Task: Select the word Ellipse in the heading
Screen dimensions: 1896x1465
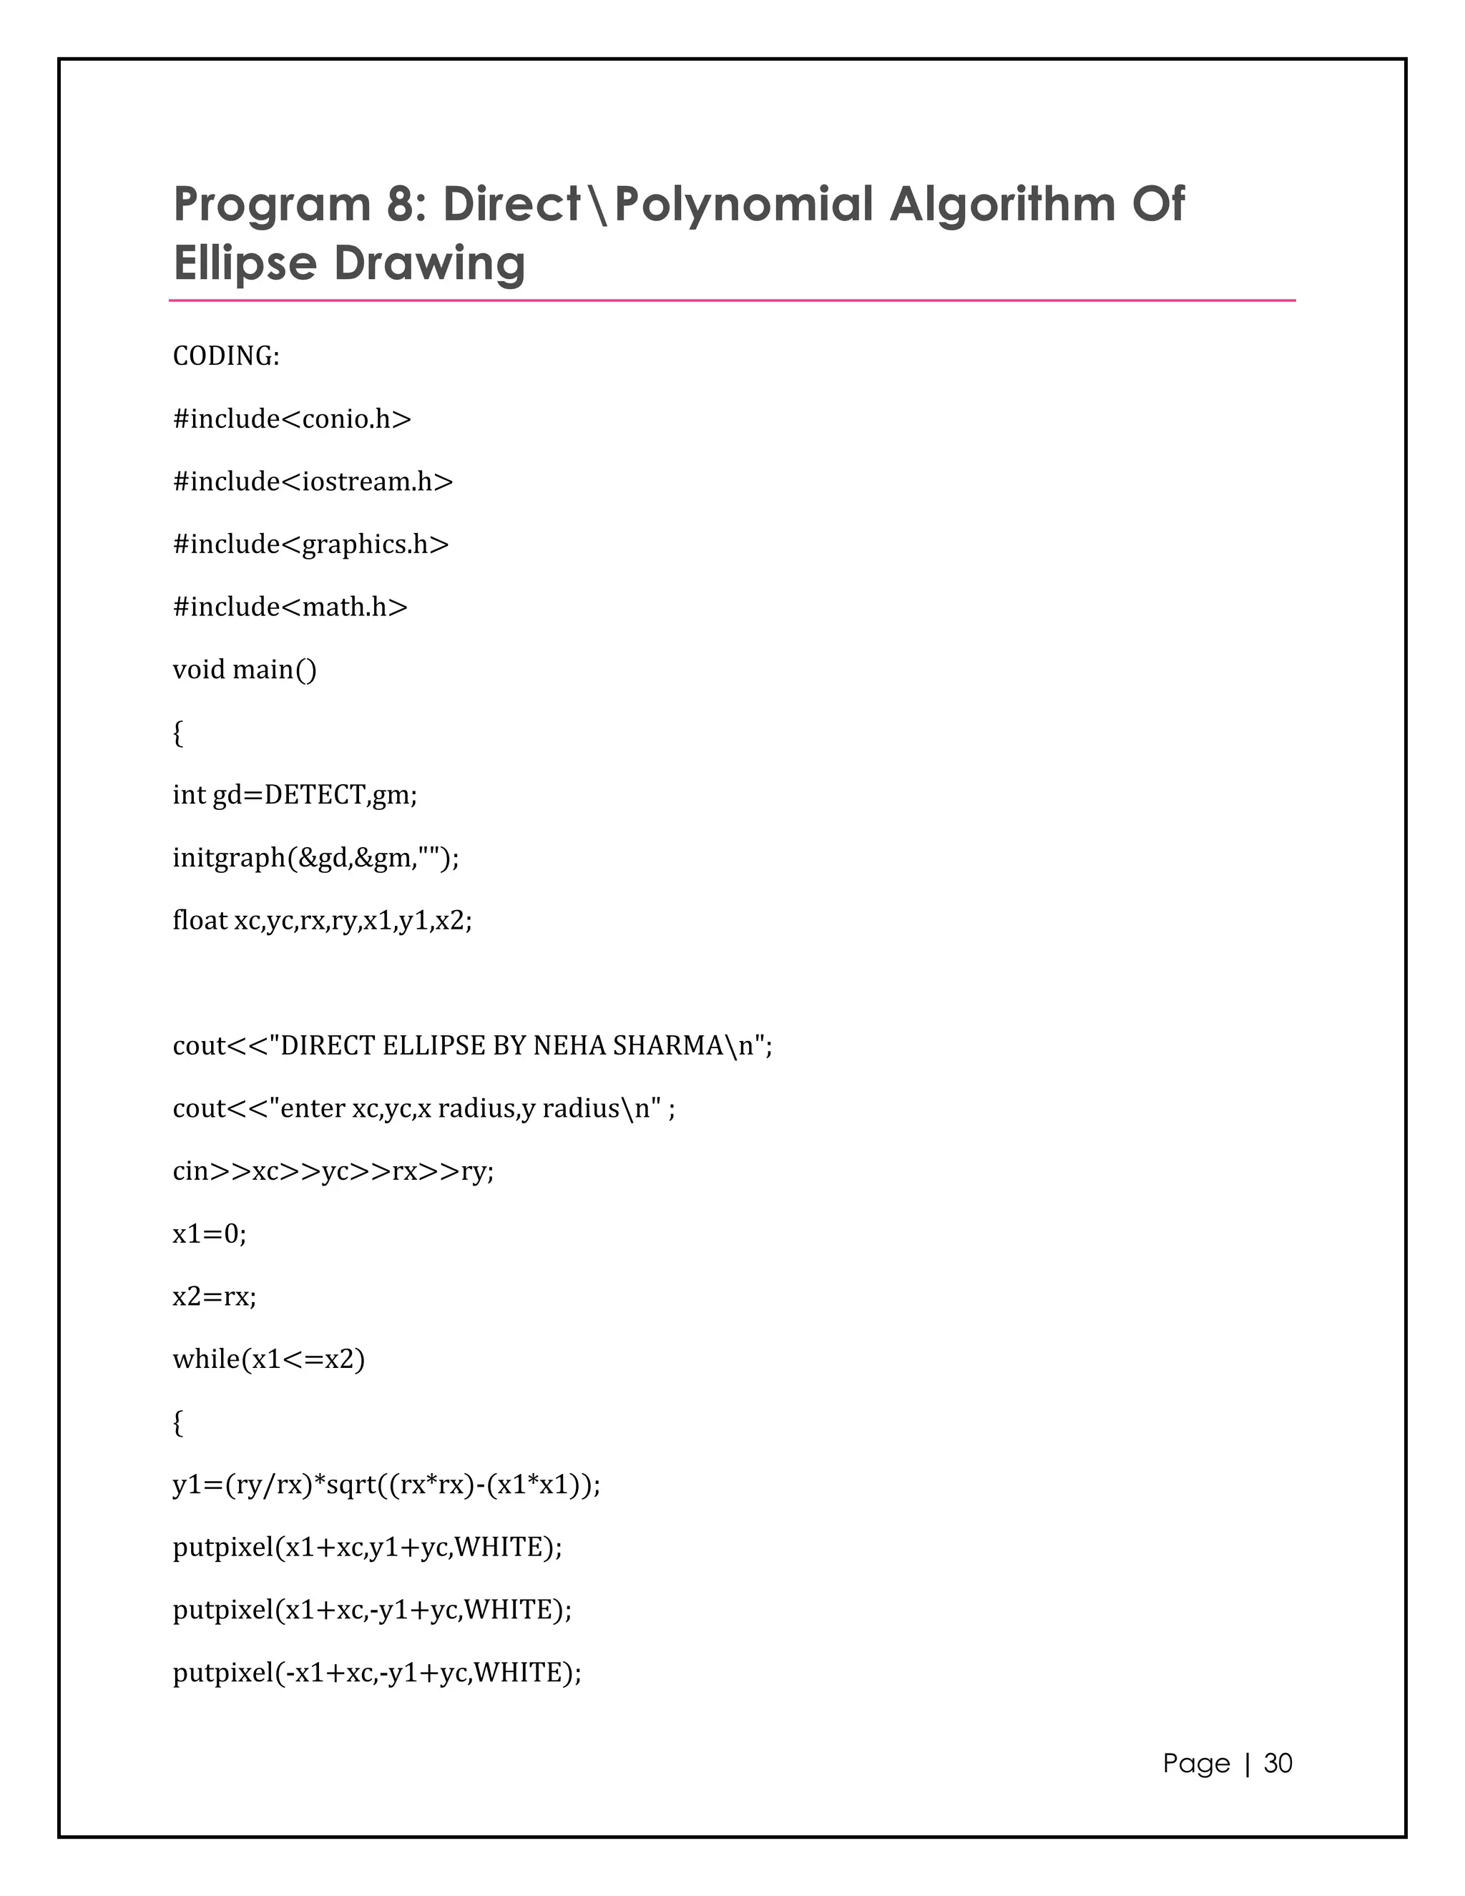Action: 245,264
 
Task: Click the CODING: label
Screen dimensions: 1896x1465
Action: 225,356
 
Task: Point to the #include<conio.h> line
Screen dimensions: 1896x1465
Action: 292,419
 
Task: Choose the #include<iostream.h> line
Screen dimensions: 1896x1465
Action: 313,482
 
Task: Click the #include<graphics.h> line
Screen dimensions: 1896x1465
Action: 310,544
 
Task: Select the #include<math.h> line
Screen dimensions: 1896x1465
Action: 290,607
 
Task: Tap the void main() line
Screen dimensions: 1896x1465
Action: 245,670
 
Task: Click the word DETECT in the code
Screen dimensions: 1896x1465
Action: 315,795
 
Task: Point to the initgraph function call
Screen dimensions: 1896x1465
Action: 316,858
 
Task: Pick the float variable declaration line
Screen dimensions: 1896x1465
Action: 322,920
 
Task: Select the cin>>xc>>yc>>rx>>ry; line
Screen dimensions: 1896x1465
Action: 333,1171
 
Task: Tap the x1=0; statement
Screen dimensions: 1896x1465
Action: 209,1233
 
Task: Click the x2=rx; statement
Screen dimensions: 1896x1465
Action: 215,1296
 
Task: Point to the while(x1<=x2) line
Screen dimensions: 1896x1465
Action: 269,1359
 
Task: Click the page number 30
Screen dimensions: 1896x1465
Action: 1278,1763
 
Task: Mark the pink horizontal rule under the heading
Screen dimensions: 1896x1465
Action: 732,300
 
